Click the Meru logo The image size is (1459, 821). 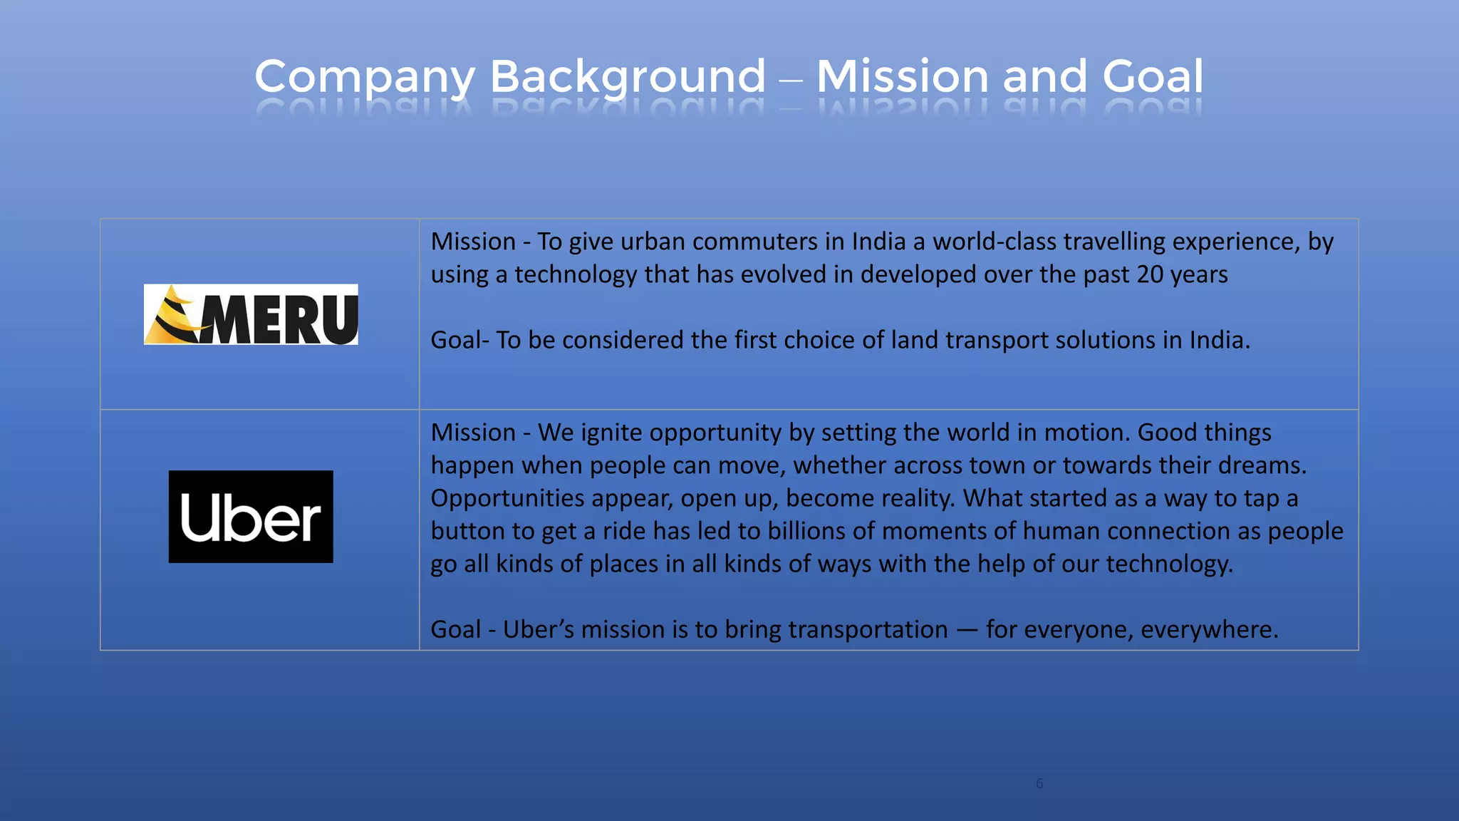click(251, 314)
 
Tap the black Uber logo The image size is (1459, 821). click(251, 517)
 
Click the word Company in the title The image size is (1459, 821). click(365, 77)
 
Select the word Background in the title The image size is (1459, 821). click(628, 77)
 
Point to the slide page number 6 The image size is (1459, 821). click(1039, 783)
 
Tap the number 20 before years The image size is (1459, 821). click(1150, 274)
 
